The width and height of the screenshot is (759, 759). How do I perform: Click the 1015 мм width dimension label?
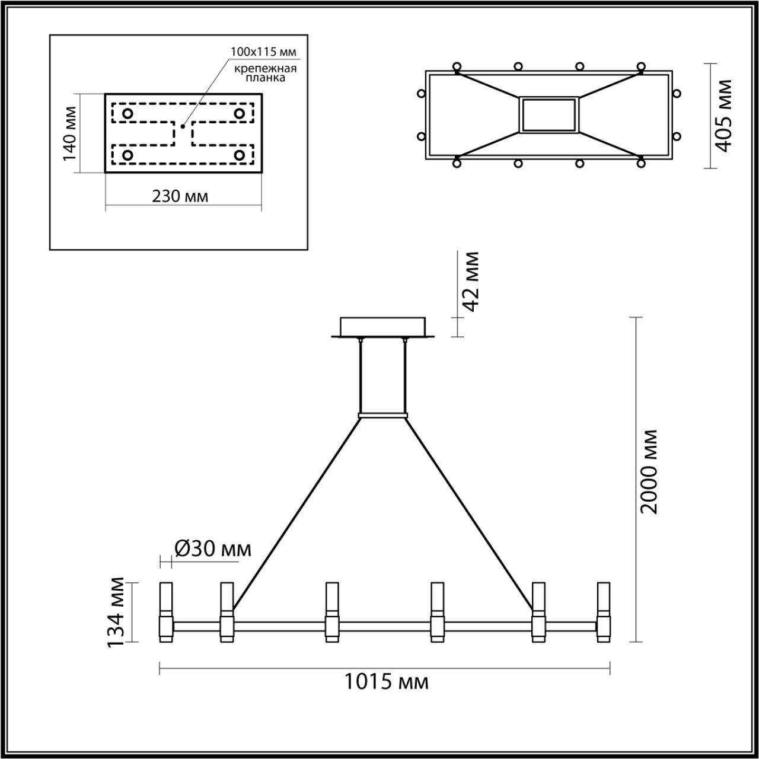pos(386,683)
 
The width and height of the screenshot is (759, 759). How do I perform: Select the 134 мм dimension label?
pos(117,613)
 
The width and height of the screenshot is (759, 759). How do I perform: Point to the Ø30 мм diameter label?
pos(212,549)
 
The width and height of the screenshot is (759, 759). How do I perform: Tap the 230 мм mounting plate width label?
pos(180,196)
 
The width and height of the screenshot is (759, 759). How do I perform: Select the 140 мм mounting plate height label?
pos(69,133)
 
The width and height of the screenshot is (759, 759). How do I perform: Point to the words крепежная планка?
pos(264,73)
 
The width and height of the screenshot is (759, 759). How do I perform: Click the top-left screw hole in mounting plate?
pos(127,113)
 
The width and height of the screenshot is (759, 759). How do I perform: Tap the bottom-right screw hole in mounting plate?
pos(239,155)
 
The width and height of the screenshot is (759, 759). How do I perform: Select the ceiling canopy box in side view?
pos(382,327)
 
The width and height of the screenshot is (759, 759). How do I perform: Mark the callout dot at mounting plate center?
pos(183,126)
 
